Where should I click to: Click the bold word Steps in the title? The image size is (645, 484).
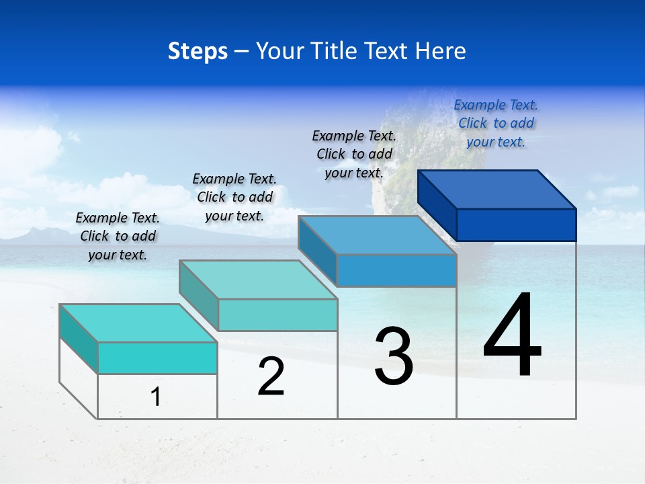point(198,51)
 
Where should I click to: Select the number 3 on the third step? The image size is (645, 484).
point(394,356)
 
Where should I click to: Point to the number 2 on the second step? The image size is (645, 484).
point(271,376)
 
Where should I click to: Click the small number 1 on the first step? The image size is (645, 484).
point(155,397)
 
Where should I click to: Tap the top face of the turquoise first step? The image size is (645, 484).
point(138,323)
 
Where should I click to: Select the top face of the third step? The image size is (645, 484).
point(377,235)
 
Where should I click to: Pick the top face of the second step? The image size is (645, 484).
point(258,280)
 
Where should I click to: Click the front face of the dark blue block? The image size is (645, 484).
point(516,225)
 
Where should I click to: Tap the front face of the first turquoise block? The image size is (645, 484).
point(157,358)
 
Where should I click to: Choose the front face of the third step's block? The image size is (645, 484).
point(396,270)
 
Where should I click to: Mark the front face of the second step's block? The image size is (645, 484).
point(277,315)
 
